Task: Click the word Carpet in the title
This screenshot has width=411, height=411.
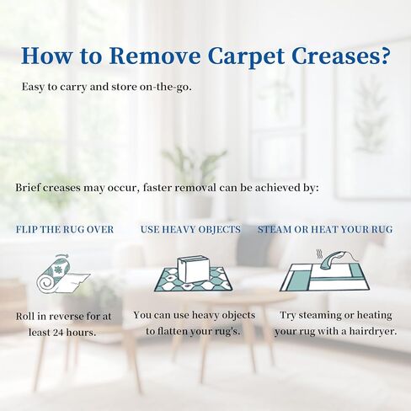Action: pyautogui.click(x=246, y=56)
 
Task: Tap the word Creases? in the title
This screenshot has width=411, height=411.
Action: pyautogui.click(x=341, y=56)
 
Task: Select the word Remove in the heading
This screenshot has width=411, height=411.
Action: pyautogui.click(x=155, y=56)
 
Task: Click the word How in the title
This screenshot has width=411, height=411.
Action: pyautogui.click(x=46, y=56)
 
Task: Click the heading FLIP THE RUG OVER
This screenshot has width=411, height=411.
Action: pyautogui.click(x=65, y=230)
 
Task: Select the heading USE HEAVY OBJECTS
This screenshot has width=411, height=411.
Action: pyautogui.click(x=190, y=230)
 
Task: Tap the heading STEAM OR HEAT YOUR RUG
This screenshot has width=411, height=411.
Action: pyautogui.click(x=325, y=230)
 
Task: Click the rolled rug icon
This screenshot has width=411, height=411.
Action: pyautogui.click(x=62, y=275)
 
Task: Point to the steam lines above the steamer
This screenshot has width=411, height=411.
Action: pyautogui.click(x=319, y=254)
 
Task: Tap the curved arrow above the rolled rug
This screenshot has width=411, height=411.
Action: pyautogui.click(x=62, y=256)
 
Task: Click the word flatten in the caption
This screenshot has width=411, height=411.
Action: pyautogui.click(x=173, y=332)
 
